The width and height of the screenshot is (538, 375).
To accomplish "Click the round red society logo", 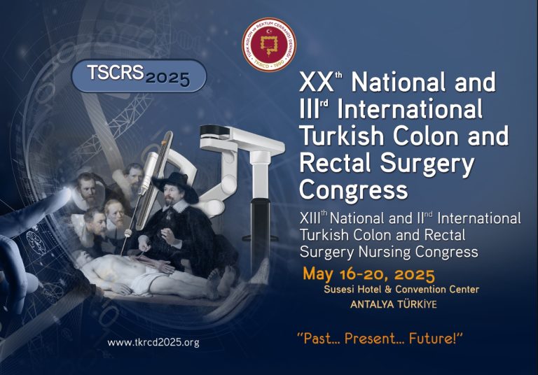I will click(x=268, y=44).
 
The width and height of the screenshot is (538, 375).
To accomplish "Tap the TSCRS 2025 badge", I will click(x=139, y=76).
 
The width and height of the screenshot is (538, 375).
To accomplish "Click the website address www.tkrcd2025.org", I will click(x=153, y=342).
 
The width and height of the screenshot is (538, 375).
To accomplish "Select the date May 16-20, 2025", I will click(x=368, y=274).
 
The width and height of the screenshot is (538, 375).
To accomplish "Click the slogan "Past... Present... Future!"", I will click(x=381, y=339).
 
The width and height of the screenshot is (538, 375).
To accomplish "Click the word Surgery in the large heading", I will click(x=420, y=163).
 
